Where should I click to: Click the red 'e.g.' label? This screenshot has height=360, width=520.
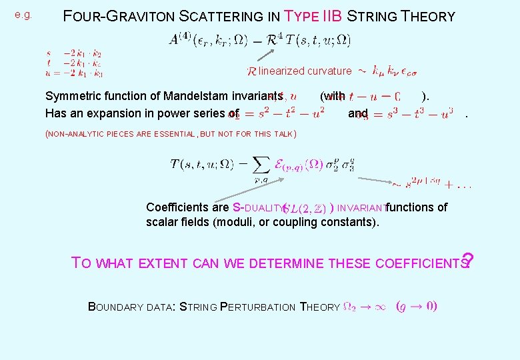pyautogui.click(x=23, y=15)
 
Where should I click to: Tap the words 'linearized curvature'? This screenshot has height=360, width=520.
pyautogui.click(x=305, y=71)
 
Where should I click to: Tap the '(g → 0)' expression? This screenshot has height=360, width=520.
pyautogui.click(x=416, y=307)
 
